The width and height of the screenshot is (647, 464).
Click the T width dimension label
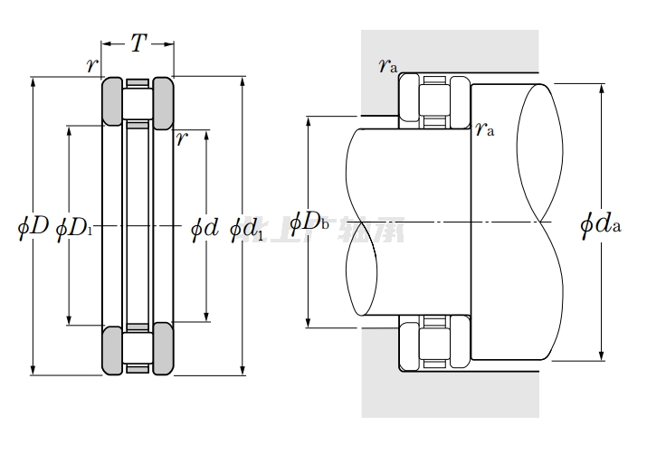click(138, 43)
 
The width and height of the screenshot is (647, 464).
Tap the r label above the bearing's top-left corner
click(90, 64)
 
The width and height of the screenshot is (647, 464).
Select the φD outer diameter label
click(33, 226)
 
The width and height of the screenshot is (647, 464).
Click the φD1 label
click(74, 227)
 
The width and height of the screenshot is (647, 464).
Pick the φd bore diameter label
click(205, 227)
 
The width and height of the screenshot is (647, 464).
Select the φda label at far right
click(600, 223)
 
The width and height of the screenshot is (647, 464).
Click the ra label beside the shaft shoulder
click(485, 129)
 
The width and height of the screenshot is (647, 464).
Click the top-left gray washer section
click(111, 100)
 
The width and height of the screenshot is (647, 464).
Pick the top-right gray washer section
click(163, 100)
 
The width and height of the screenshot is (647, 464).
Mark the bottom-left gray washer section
click(111, 349)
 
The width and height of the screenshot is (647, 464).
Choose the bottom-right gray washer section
click(163, 349)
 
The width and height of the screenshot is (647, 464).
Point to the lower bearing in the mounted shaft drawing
click(433, 344)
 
